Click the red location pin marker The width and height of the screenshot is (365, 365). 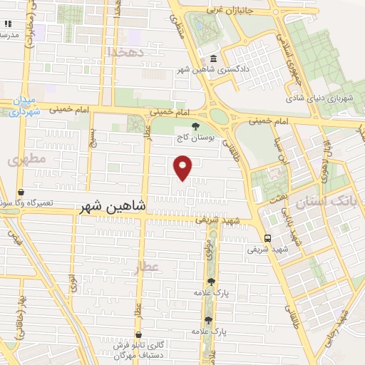[184, 167]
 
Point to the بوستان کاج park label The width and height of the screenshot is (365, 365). [197, 136]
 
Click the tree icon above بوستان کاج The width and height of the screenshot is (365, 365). [196, 125]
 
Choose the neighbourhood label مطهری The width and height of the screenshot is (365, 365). [27, 160]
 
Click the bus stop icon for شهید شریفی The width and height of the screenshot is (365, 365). [267, 239]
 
